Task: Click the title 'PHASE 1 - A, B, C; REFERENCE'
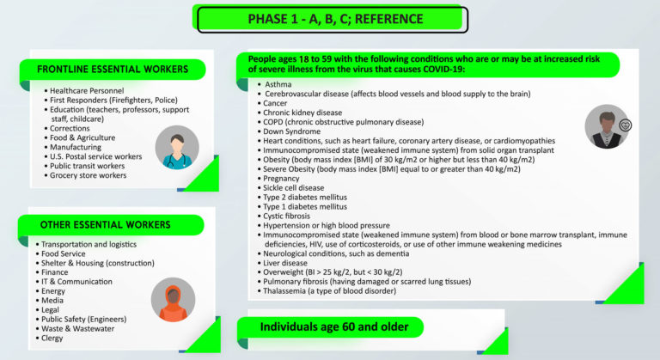coord(335,19)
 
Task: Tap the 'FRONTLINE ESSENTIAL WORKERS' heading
coord(113,70)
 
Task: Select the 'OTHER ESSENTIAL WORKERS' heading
coord(105,225)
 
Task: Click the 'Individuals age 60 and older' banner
coord(334,326)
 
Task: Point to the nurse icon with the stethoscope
coord(177,148)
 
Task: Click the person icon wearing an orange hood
coord(173,299)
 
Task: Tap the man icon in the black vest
coord(607,126)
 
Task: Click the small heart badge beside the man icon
coord(625,125)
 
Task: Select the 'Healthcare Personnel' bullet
coord(87,90)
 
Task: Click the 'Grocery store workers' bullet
coord(88,175)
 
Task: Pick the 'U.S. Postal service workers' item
coord(96,156)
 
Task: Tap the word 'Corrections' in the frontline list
coord(70,128)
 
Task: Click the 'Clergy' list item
coord(52,339)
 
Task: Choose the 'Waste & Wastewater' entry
coord(77,328)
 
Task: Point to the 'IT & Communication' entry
coord(76,281)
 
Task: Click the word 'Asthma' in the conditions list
coord(278,84)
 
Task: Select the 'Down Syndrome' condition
coord(291,131)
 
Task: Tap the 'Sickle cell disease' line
coord(293,188)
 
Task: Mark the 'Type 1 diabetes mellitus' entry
coord(305,206)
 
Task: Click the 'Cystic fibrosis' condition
coord(286,216)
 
